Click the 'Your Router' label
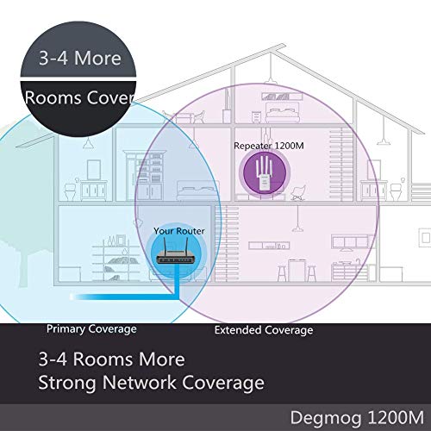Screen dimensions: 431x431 pyautogui.click(x=179, y=231)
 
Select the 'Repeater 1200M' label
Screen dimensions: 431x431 pyautogui.click(x=269, y=146)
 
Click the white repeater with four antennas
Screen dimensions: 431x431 pyautogui.click(x=265, y=173)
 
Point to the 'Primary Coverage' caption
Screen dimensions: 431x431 pyautogui.click(x=91, y=329)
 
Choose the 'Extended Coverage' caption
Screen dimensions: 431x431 pyautogui.click(x=264, y=330)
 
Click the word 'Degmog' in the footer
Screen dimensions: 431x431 pyautogui.click(x=326, y=418)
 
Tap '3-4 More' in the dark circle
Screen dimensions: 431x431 pyautogui.click(x=80, y=58)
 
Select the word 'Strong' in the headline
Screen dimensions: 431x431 pyautogui.click(x=67, y=384)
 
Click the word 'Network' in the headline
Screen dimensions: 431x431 pyautogui.click(x=140, y=383)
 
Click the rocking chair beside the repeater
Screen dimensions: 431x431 pyautogui.click(x=298, y=192)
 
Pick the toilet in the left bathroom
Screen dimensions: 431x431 pyautogui.click(x=70, y=191)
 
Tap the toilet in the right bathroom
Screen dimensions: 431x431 pyautogui.click(x=396, y=191)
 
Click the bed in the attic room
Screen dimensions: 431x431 pyautogui.click(x=283, y=113)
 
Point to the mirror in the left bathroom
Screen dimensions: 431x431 pyautogui.click(x=94, y=170)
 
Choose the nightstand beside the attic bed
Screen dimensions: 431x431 pyautogui.click(x=256, y=117)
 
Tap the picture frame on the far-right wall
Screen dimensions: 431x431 pyautogui.click(x=425, y=238)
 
